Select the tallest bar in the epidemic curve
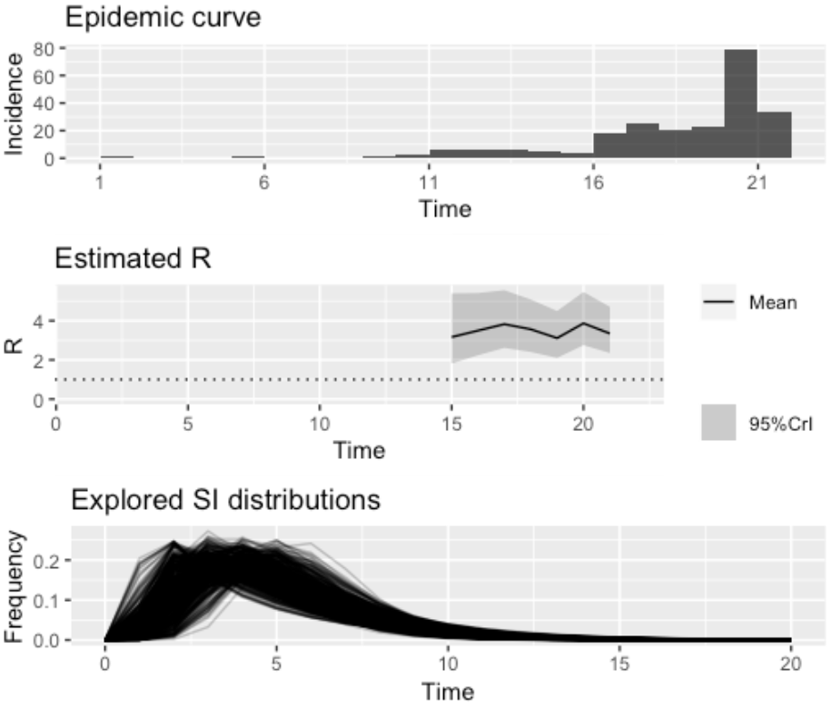click(x=740, y=105)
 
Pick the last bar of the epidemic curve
click(x=774, y=135)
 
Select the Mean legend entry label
click(x=773, y=304)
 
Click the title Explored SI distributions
click(x=226, y=500)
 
